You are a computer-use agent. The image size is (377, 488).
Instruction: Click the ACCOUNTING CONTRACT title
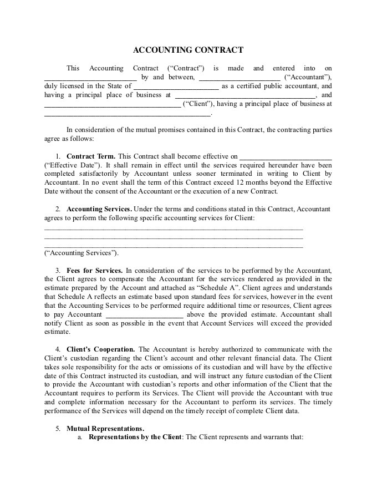[188, 50]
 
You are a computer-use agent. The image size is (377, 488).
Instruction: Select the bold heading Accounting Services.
[99, 209]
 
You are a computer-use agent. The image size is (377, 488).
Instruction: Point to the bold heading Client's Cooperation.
[101, 349]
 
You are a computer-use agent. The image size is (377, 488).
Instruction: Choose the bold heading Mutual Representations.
[105, 428]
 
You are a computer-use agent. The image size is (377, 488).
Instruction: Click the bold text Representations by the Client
[135, 437]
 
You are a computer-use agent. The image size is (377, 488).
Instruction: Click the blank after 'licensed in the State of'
[176, 87]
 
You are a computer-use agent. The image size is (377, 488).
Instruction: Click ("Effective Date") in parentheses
[73, 165]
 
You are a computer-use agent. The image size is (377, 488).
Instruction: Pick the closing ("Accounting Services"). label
[81, 253]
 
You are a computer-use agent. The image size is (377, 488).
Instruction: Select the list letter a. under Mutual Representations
[80, 437]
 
